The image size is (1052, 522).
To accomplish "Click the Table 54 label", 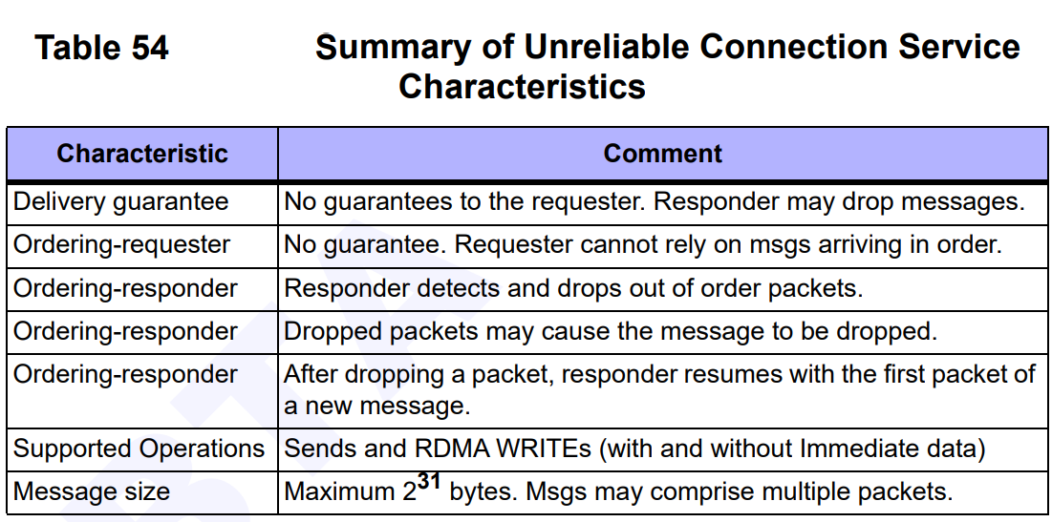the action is click(101, 49).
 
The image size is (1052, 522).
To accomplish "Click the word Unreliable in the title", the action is click(606, 48).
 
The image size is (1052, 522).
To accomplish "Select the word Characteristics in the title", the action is click(522, 87).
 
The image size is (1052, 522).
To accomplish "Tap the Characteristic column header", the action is click(142, 154).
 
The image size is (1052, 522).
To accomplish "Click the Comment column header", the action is click(663, 154).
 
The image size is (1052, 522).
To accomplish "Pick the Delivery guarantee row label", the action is click(120, 202).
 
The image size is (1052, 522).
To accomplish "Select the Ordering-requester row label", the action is click(122, 245).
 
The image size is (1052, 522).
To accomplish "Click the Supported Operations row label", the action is click(139, 449).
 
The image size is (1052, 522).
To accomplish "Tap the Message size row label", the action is click(91, 491).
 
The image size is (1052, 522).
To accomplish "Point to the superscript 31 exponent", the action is click(428, 480).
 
